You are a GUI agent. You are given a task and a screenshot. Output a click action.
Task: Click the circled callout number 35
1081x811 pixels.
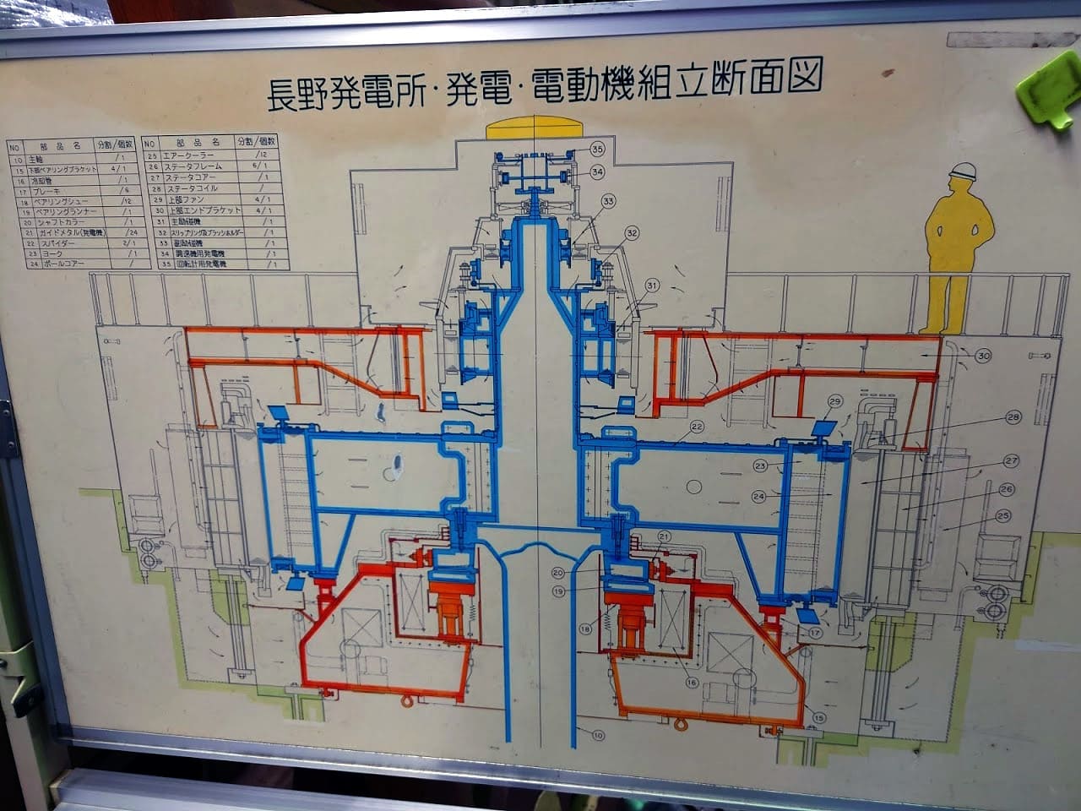click(x=598, y=149)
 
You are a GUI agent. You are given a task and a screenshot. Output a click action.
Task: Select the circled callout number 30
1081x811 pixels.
click(x=983, y=356)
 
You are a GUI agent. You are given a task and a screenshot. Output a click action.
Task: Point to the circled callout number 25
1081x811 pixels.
click(x=1003, y=514)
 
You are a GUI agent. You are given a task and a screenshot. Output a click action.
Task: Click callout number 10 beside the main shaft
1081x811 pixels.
click(x=599, y=735)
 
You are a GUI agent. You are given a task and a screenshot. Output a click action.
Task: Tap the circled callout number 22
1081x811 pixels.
click(x=697, y=427)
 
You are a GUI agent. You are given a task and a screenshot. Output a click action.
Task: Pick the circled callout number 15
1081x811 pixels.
click(x=818, y=718)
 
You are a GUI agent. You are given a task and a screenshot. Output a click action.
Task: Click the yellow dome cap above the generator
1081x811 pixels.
click(x=537, y=128)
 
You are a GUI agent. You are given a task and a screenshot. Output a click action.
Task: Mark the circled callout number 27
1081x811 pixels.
click(x=1011, y=461)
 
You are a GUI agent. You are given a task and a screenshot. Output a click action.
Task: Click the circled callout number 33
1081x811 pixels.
click(x=608, y=201)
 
